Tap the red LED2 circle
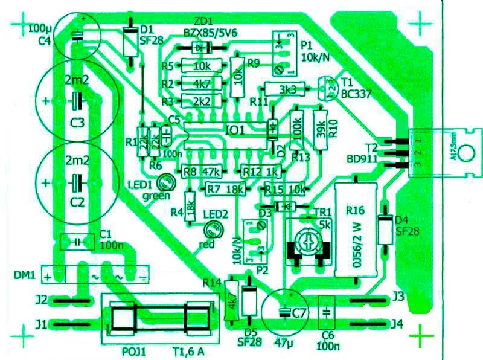tap(211, 230)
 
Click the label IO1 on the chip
tap(235, 130)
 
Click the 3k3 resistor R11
tap(287, 89)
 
